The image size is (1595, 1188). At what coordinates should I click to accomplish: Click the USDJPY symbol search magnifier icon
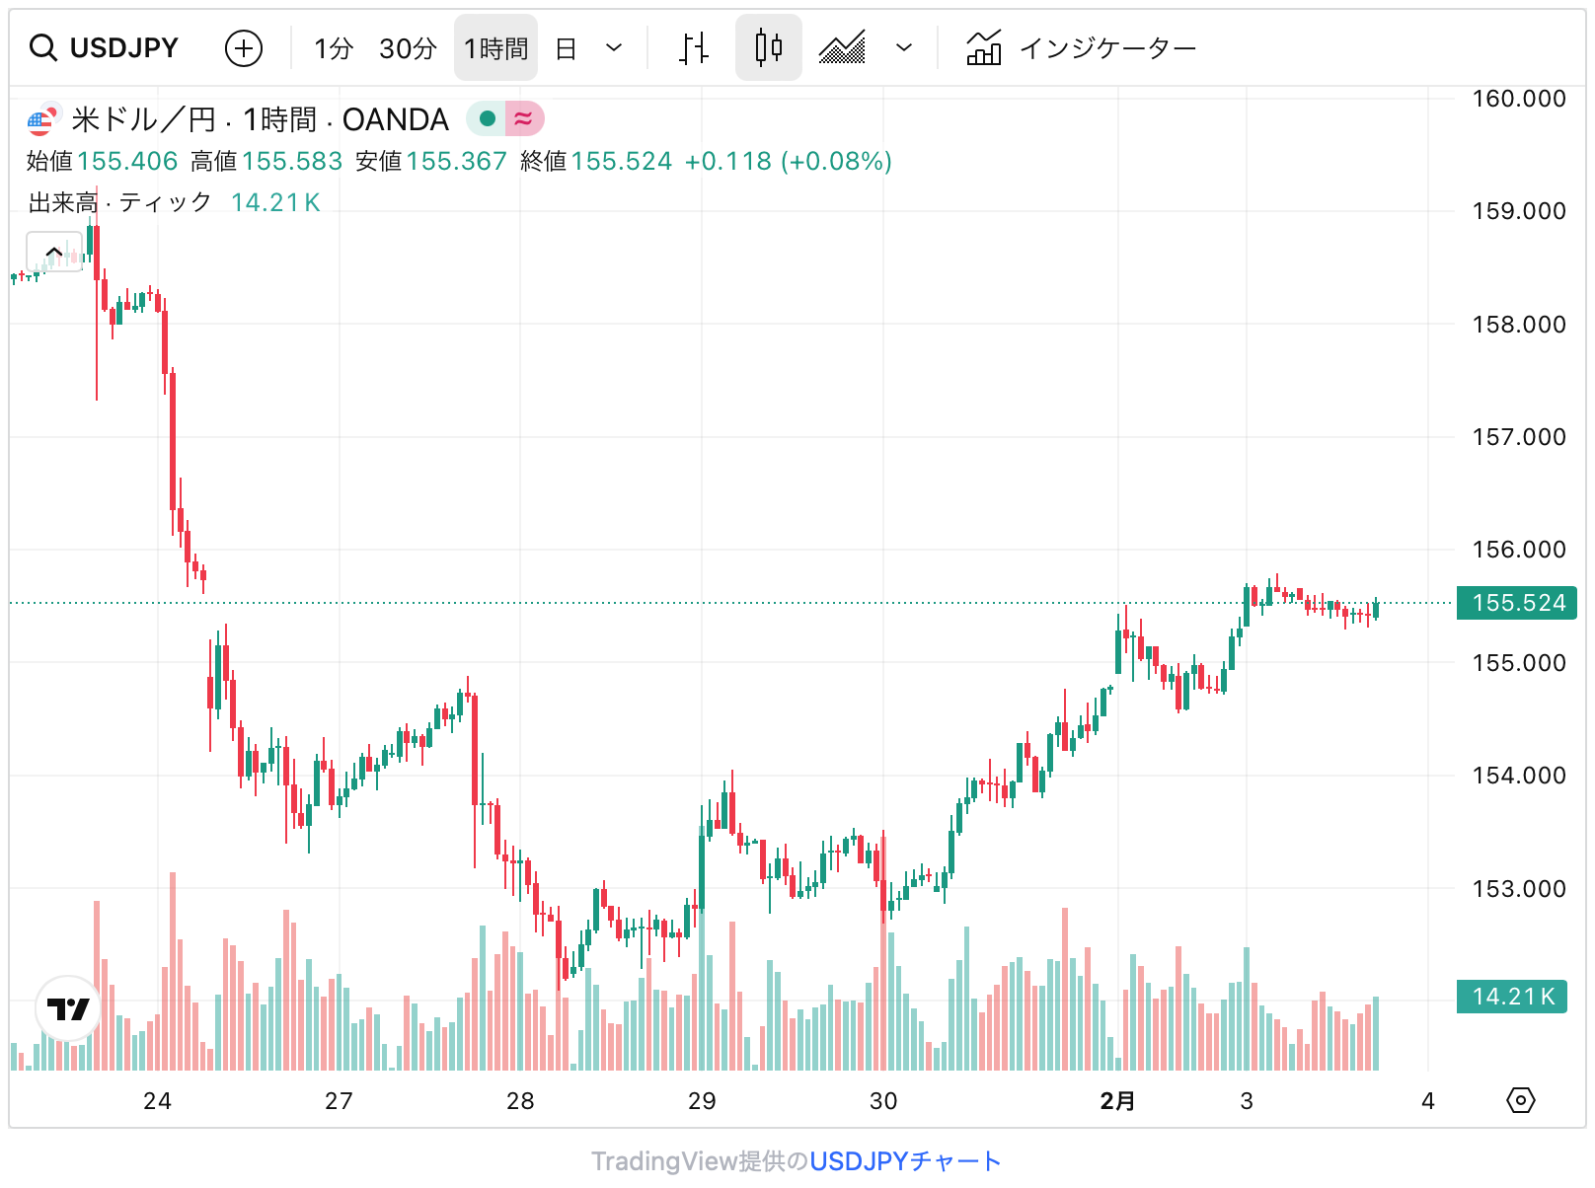43,47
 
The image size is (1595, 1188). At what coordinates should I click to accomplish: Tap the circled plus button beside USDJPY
244,47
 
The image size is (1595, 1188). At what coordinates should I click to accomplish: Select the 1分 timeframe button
334,48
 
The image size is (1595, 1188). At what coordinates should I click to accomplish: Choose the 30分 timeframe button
408,48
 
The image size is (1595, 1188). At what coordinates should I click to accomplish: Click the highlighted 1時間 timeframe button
495,48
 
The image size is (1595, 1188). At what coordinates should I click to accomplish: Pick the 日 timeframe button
566,48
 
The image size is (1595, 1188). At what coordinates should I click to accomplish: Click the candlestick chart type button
768,47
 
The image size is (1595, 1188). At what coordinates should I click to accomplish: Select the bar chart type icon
694,47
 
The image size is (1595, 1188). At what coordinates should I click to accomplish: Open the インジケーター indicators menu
1082,47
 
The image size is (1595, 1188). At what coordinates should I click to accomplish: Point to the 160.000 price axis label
1518,99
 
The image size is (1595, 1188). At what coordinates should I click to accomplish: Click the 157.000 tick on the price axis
1518,437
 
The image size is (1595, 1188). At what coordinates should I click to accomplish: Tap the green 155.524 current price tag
1517,603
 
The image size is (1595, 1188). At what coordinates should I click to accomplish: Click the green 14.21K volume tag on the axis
1512,997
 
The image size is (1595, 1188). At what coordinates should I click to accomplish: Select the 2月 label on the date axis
1117,1101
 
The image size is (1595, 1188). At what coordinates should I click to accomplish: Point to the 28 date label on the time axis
520,1101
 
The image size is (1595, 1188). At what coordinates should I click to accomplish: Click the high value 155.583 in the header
291,161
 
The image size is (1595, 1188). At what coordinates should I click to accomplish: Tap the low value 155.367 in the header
456,161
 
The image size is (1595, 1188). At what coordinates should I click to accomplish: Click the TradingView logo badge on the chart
68,1008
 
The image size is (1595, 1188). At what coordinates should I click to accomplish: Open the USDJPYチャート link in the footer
905,1161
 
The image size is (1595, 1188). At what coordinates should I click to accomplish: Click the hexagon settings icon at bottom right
1521,1100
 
